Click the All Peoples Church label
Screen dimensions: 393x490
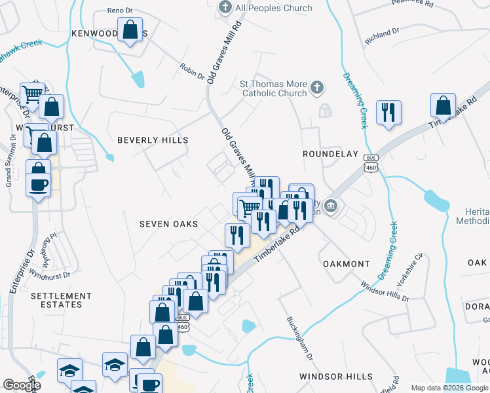tap(273, 8)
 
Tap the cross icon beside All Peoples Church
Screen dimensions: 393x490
tap(225, 8)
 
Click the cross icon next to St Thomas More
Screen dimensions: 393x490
tap(316, 87)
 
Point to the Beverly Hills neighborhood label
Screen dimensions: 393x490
tap(153, 140)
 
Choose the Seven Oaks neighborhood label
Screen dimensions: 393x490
tap(168, 224)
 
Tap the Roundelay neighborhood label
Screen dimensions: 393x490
tap(330, 154)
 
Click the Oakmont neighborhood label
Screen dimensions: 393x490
tap(347, 264)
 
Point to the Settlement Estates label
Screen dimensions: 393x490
tap(57, 300)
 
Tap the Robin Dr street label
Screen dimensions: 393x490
tap(193, 71)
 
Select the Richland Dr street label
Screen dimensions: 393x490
tap(383, 33)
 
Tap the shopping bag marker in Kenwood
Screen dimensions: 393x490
tap(130, 29)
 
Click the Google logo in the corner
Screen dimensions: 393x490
tap(22, 385)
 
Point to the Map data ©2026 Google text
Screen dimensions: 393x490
tap(449, 388)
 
